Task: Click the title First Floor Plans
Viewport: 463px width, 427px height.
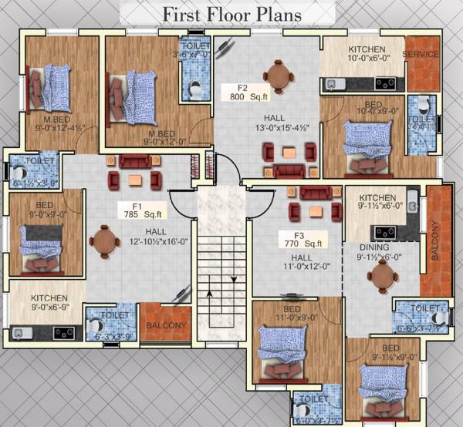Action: click(232, 14)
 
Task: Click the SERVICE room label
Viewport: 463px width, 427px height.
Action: click(421, 55)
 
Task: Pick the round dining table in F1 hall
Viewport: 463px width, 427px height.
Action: click(103, 242)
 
